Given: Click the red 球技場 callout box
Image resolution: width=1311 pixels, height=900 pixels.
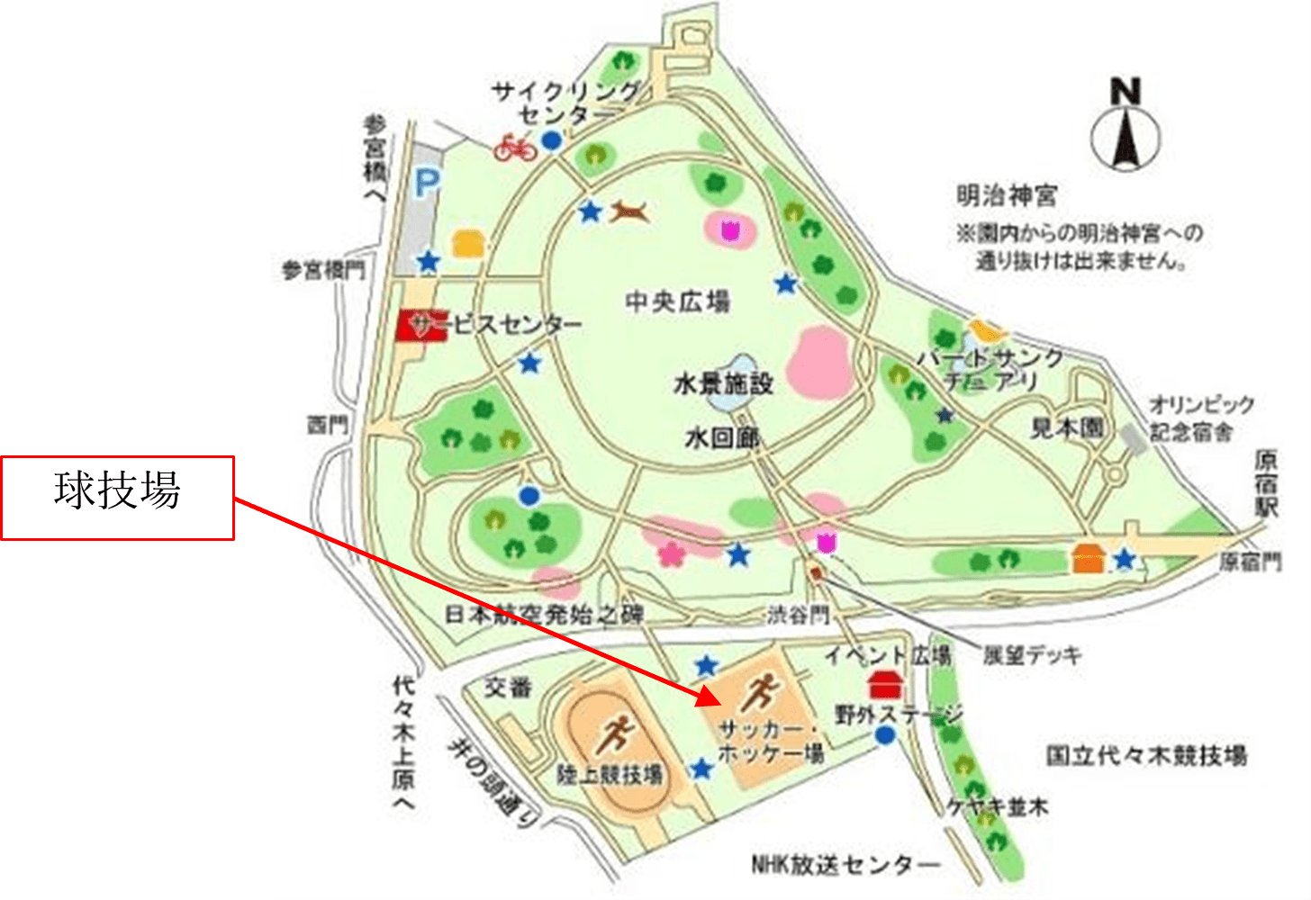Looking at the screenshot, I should point(117,498).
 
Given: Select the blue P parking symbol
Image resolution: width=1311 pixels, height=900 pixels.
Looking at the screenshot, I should point(426,185).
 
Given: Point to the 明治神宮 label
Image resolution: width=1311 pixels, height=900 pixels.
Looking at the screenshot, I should point(1007,195).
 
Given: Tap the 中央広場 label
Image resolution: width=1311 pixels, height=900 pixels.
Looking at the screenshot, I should point(677,301).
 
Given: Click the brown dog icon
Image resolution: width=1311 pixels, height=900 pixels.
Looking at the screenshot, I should point(631,212).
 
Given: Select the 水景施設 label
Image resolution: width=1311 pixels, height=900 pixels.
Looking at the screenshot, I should point(724,384).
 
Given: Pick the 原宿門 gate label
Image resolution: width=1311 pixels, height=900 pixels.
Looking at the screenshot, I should point(1251,562).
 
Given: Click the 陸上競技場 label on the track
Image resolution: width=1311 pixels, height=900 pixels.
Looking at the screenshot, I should point(610,774).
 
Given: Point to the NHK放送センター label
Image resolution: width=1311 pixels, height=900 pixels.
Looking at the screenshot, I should point(845,865).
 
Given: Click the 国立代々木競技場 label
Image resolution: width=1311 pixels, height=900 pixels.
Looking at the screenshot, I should point(1146,754).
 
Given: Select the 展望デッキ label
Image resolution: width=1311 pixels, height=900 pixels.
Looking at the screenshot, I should point(1031,654).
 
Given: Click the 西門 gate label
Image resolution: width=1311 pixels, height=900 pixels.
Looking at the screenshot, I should point(327,424).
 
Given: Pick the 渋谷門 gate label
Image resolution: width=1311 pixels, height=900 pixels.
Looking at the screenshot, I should point(798,615).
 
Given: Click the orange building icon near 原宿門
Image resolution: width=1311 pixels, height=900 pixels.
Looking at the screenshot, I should point(1089,559).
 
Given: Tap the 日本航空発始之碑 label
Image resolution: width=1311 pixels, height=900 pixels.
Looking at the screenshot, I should point(545,615).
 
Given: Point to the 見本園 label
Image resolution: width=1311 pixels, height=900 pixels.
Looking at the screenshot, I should point(1067,427).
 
